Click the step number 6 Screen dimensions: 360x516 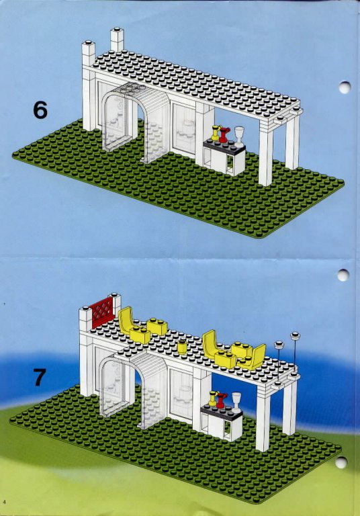pos(40,110)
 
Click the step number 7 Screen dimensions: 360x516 pos(39,377)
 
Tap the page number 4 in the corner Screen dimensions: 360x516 pos(5,501)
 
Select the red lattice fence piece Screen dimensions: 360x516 pos(102,312)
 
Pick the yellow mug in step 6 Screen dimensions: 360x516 pos(216,133)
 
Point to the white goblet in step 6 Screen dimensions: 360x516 pos(239,136)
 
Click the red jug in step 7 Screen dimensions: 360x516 pos(222,400)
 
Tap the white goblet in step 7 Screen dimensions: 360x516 pos(236,402)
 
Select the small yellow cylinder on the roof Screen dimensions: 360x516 pos(181,347)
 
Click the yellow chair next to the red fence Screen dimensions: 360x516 pos(126,318)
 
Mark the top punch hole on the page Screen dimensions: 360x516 pos(345,87)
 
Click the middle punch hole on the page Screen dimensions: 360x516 pos(343,275)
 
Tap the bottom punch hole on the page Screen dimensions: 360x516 pos(341,463)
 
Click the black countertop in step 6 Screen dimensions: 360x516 pos(224,146)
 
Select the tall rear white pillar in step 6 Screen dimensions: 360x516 pos(117,40)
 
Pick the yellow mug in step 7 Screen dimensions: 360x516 pos(213,398)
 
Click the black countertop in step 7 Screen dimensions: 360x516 pos(222,412)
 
